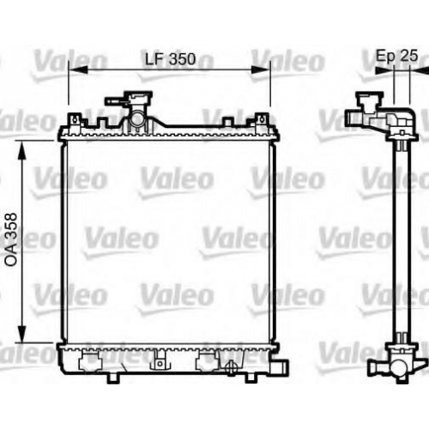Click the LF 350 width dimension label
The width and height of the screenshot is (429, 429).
171,59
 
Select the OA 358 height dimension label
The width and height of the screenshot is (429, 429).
12,239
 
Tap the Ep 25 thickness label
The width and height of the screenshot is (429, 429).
396,56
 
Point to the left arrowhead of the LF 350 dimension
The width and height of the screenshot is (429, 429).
78,69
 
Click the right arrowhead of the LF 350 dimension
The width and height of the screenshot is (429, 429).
260,69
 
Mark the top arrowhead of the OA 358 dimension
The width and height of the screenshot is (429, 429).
21,150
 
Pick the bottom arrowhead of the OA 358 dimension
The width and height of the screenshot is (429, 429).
21,332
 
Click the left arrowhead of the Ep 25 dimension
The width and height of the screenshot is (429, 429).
384,70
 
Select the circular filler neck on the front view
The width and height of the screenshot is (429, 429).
136,118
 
